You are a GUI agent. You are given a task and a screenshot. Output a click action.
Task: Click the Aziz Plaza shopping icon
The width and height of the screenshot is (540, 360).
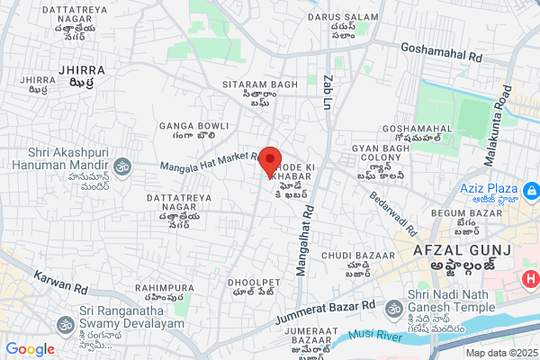[x=531, y=192]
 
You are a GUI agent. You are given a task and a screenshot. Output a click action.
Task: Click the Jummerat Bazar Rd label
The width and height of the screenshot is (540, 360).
[x=325, y=314]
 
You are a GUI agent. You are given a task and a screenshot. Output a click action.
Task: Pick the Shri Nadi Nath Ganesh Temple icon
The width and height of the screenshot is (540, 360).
[x=393, y=309]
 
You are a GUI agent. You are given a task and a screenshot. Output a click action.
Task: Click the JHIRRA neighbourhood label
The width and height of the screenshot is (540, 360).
[x=81, y=69]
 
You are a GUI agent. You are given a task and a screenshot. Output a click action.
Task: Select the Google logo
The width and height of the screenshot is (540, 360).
[x=30, y=349]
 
